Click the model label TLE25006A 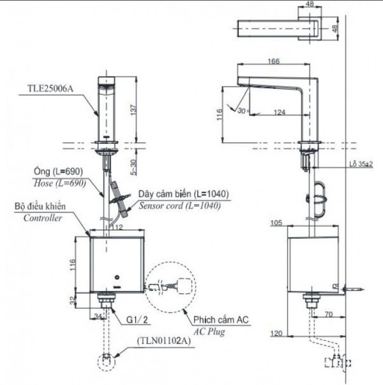pos(50,90)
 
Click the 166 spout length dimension pos(274,61)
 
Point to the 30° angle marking pos(241,109)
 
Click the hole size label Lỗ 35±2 pos(362,165)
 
